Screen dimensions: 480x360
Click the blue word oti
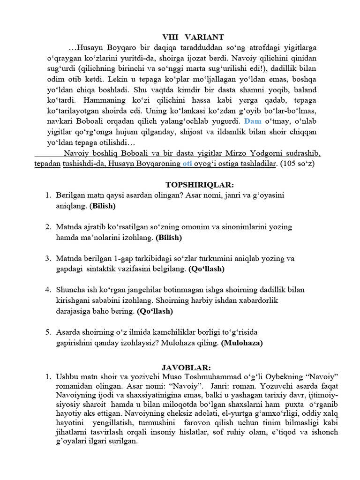[187, 164]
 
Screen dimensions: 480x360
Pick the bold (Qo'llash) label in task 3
[206, 269]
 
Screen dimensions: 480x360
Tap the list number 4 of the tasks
[48, 290]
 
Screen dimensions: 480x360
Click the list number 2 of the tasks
[48, 227]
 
